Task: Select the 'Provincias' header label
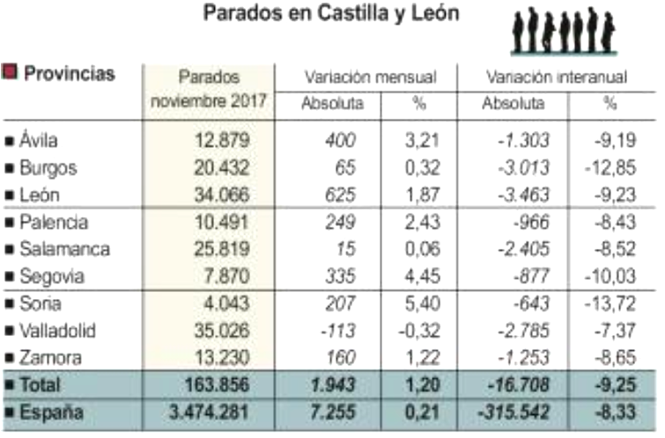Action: point(70,74)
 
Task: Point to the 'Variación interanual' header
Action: point(557,77)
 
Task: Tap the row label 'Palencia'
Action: point(52,223)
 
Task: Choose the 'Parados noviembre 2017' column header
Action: point(209,89)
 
